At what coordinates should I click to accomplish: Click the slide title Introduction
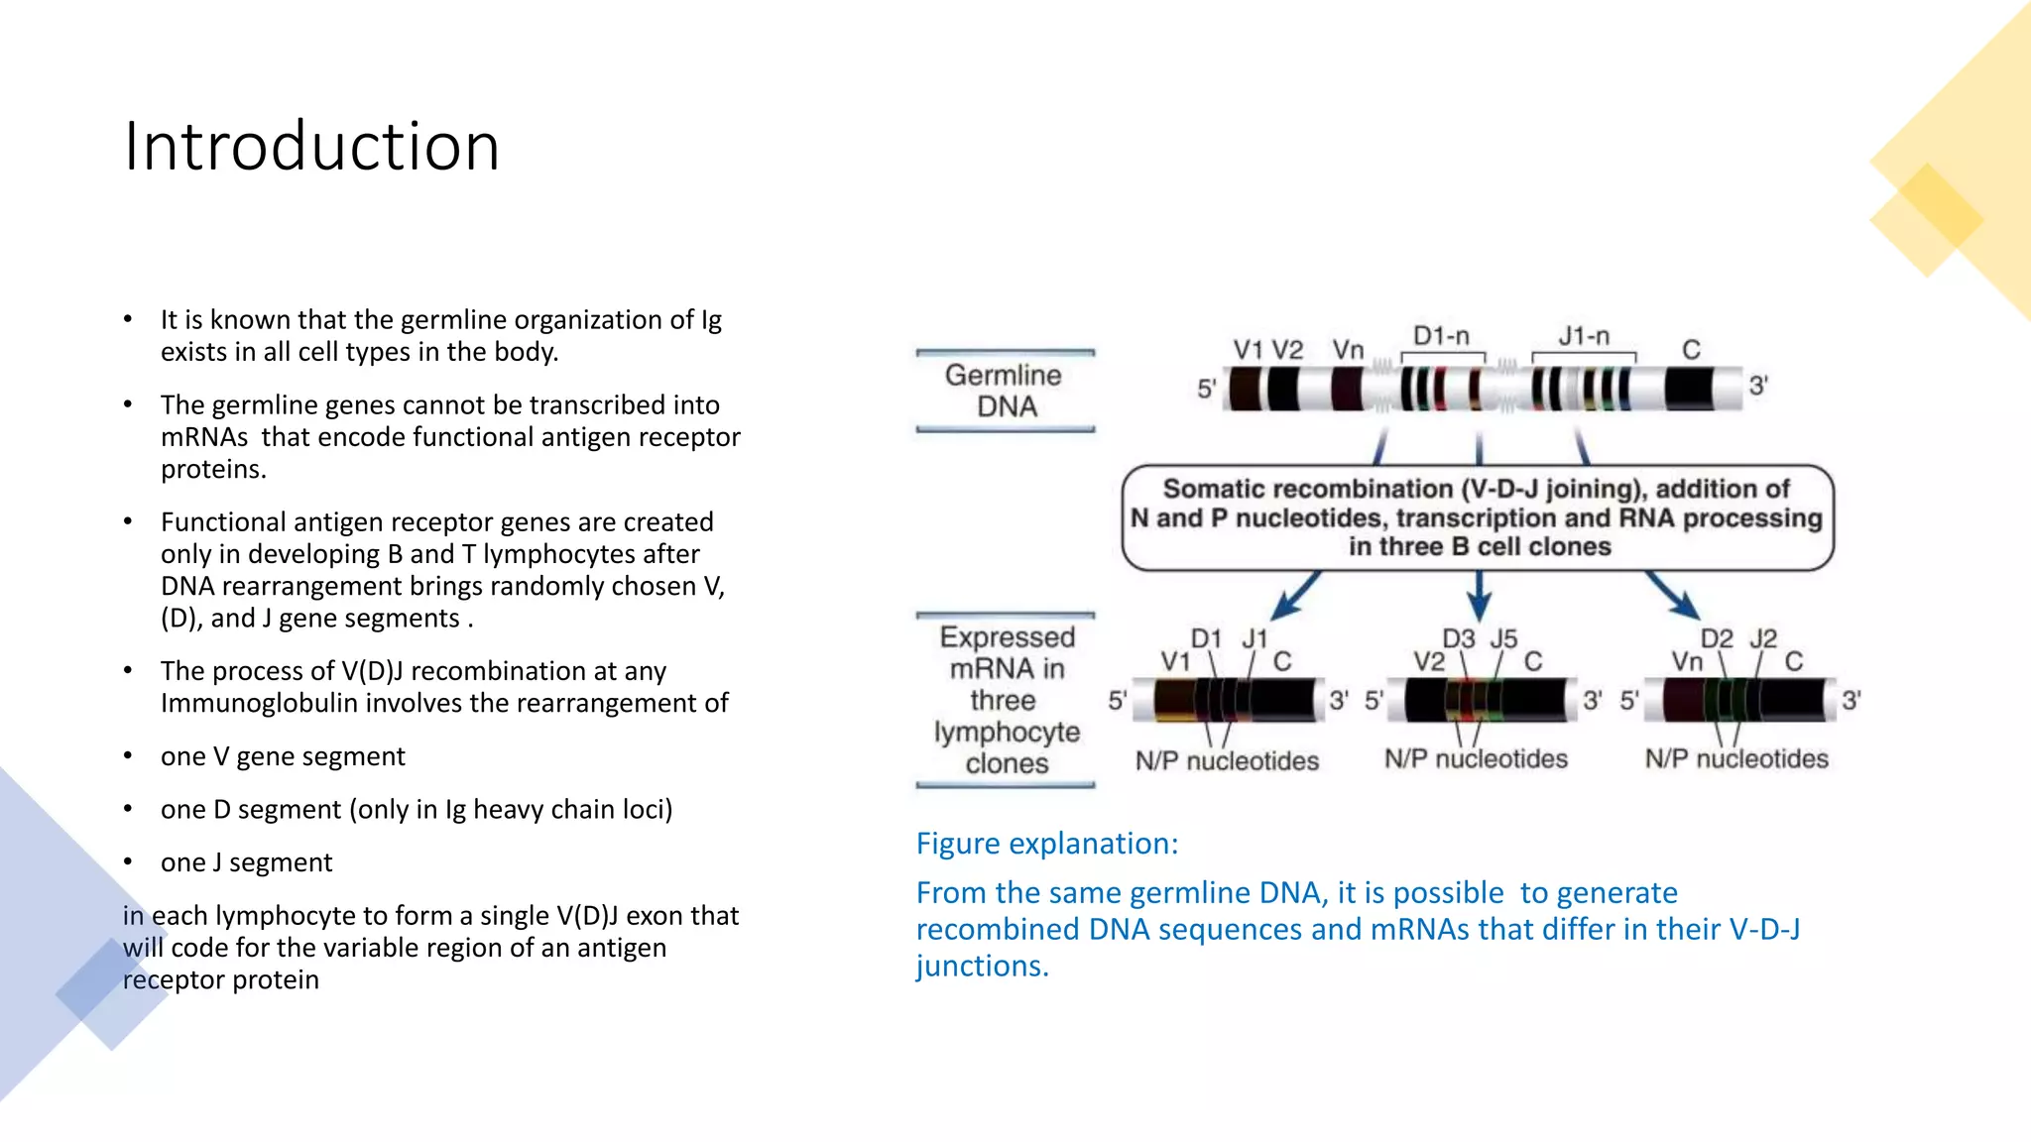311,147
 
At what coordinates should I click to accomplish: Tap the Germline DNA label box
1005,391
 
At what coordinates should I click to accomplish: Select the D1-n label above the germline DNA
1441,336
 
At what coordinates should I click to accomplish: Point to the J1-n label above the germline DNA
1584,336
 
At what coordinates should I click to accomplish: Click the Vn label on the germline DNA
1348,350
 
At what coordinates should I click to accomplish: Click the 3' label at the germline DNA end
1758,386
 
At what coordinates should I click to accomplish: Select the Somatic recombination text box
1477,517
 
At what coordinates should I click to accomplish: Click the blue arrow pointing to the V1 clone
1295,594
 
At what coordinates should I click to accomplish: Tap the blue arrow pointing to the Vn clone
1673,594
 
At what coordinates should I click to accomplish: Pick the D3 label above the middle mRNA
1458,638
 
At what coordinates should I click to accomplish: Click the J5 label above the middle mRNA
1503,638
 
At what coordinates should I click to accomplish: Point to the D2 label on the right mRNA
1717,638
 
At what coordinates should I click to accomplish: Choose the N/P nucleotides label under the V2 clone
1476,759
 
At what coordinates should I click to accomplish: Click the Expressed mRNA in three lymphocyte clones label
1006,700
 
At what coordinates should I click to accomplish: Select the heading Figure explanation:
1047,844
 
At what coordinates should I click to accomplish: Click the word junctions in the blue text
981,966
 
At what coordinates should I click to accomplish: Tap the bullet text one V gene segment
283,756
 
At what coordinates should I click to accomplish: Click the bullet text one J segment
246,862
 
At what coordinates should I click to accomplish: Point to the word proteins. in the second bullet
213,469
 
